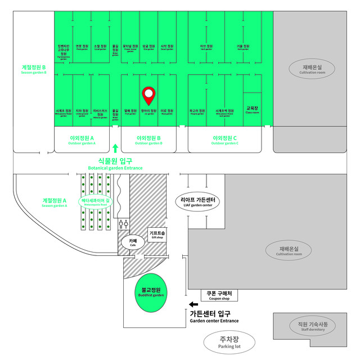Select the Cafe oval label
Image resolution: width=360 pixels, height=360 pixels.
tap(133, 242)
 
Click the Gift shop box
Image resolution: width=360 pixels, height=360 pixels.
tap(157, 234)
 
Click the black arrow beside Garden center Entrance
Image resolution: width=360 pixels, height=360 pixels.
tap(193, 305)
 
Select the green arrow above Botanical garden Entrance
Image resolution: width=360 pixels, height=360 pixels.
tap(115, 148)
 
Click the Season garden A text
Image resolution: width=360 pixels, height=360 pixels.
tap(55, 202)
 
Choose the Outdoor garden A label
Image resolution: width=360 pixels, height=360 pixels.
tap(82, 139)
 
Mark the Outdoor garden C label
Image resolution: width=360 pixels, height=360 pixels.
tap(225, 139)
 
